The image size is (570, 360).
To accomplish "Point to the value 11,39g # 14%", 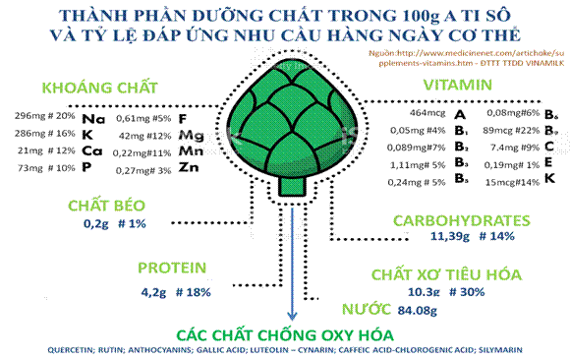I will [460, 237].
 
